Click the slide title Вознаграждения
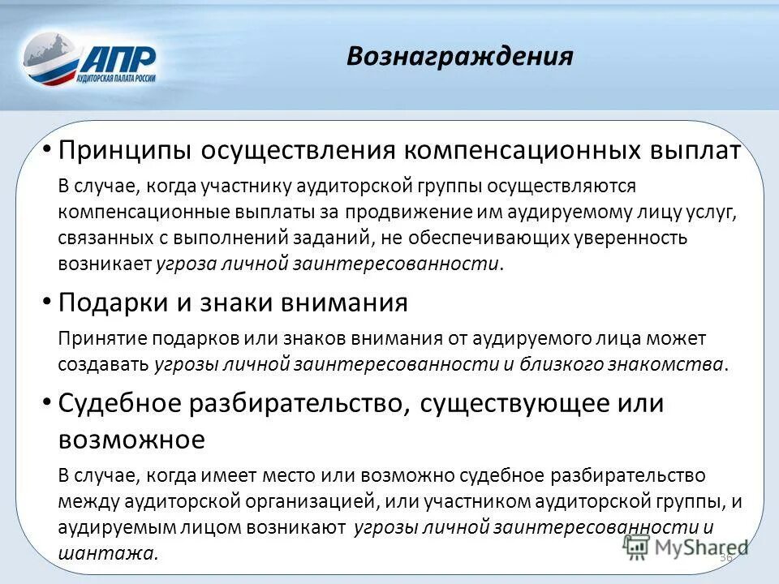[x=459, y=56]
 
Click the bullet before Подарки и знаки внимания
[x=47, y=302]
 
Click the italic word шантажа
[x=106, y=554]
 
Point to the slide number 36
[x=725, y=558]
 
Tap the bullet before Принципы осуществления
[x=47, y=149]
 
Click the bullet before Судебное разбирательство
[x=47, y=401]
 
